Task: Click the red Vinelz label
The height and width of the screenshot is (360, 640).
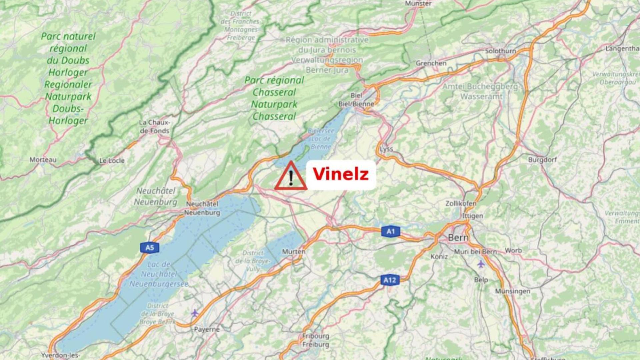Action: (341, 174)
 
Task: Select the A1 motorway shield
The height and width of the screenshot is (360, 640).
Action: (390, 231)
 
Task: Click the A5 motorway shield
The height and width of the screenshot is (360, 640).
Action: (150, 248)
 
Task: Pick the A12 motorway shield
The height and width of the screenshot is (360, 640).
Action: (390, 280)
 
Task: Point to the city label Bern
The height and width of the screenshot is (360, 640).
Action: (458, 238)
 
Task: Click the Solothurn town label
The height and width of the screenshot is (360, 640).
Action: (500, 51)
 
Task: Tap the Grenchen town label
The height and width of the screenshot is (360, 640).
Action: (431, 63)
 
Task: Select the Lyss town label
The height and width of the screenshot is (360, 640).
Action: (386, 149)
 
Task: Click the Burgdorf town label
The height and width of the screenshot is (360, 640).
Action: (542, 160)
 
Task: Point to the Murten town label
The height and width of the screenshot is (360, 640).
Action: (294, 252)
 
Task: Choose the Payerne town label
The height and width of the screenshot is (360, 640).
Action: (207, 329)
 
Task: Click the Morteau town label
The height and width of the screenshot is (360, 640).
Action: (43, 160)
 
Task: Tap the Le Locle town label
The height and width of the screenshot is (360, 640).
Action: (112, 161)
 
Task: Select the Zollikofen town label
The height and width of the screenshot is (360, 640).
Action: (461, 203)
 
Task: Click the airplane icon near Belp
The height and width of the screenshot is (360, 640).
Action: (481, 264)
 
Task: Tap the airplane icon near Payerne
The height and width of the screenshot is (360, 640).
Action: (195, 313)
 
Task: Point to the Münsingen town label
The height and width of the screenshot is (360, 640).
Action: (513, 291)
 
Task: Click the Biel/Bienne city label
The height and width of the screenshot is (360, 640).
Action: (356, 104)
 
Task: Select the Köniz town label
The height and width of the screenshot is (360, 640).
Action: (439, 257)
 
